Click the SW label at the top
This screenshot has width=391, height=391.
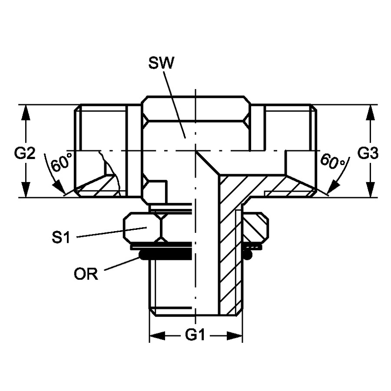coord(161,63)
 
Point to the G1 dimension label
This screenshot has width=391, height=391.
coord(195,335)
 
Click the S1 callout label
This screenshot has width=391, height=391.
coord(61,237)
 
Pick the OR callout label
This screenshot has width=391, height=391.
coord(86,274)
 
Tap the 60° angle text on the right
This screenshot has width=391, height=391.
coord(332,161)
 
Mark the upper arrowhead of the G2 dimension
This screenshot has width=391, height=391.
coord(26,113)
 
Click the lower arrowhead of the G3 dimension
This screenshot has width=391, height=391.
coord(371,189)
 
